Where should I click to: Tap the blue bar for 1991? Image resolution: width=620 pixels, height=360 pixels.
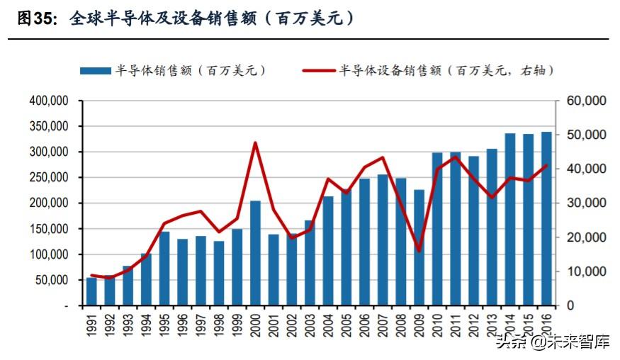point(91,291)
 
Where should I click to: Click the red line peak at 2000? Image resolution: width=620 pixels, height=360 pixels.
point(255,143)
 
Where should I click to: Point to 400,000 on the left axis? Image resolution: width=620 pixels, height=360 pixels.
point(49,101)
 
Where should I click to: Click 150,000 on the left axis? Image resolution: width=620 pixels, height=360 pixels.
point(49,229)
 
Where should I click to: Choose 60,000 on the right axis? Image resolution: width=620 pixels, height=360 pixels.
point(586,101)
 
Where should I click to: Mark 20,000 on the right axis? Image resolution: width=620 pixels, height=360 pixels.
point(586,237)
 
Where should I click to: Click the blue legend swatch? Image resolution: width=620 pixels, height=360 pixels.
point(95,71)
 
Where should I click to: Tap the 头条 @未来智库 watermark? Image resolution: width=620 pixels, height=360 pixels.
point(553,343)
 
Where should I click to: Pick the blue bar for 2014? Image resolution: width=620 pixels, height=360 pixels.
point(510,219)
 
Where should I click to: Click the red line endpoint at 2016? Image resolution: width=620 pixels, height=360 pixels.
point(546,166)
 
